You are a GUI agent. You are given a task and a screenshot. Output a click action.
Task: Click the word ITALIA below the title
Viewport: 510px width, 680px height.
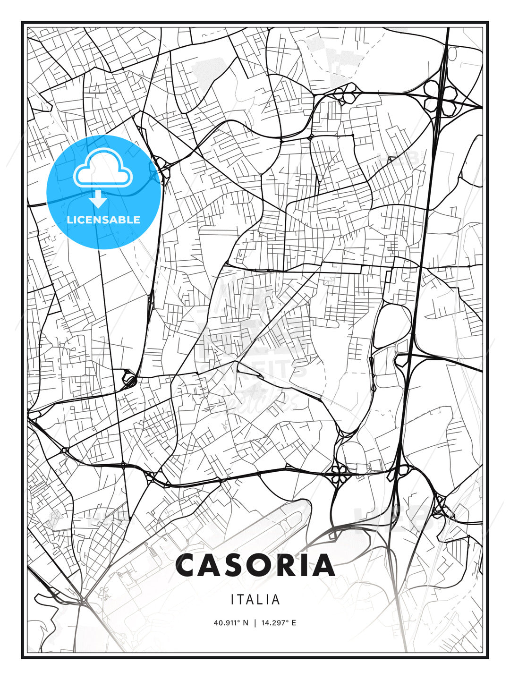click(255, 600)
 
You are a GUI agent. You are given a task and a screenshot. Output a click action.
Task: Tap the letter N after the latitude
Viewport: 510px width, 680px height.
click(246, 623)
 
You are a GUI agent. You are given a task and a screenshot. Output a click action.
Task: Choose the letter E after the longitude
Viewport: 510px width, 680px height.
click(294, 623)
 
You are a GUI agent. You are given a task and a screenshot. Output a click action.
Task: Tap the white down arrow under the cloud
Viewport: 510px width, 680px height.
click(98, 199)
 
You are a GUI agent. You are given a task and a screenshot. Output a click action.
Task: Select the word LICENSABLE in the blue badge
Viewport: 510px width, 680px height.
click(103, 220)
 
